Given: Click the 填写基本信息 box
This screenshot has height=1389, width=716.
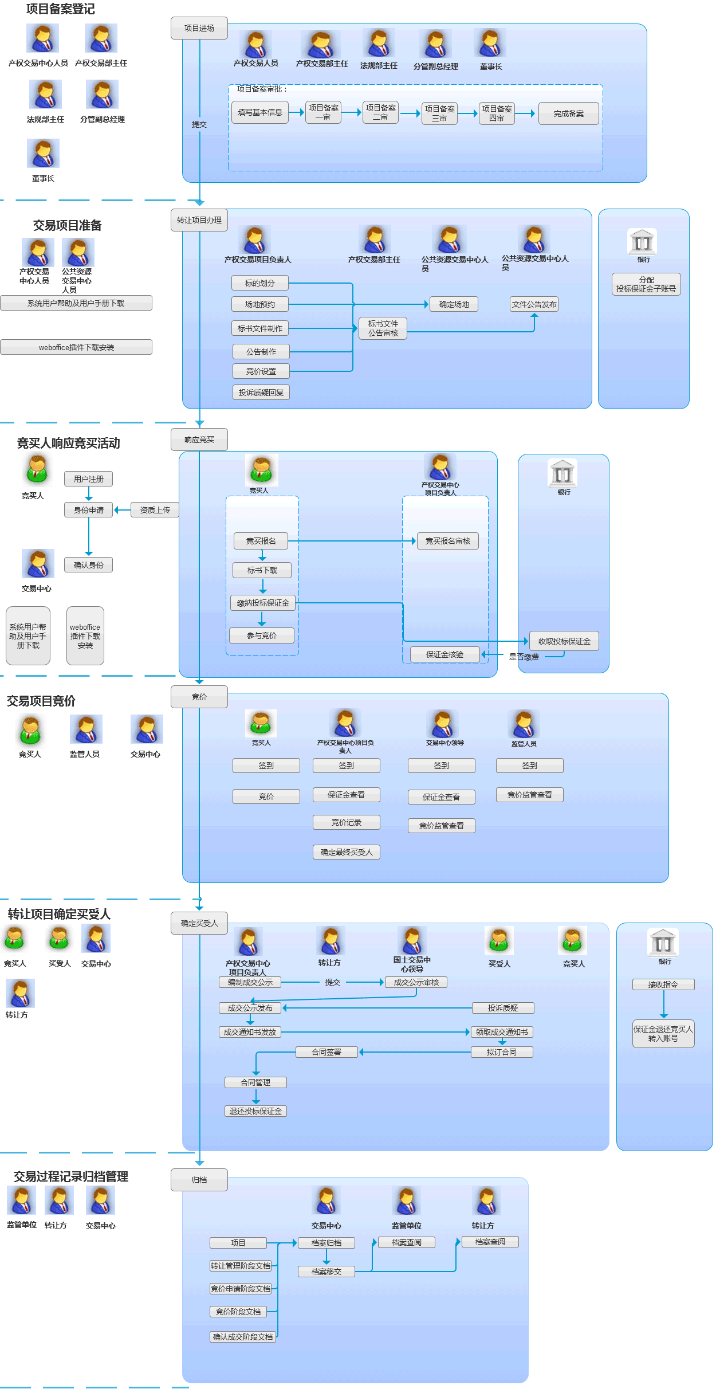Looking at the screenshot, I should (x=260, y=112).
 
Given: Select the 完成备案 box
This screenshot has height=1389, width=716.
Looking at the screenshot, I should (x=568, y=113).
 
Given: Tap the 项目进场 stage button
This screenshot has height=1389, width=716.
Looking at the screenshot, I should (x=199, y=28).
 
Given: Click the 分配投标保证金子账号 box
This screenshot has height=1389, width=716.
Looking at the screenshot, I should (x=646, y=284).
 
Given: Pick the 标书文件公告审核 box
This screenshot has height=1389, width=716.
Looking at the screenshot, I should (x=383, y=328).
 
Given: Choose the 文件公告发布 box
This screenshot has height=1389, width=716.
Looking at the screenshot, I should (x=534, y=304).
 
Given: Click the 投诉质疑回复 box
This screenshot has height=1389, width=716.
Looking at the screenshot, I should (x=261, y=393).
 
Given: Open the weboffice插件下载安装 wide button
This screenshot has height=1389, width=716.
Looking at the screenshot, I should (x=76, y=347).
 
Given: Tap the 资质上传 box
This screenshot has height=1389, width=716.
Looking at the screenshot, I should (x=155, y=510).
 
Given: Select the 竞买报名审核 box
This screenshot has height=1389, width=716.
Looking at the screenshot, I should (x=447, y=541).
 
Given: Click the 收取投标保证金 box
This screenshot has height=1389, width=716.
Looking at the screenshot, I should (x=564, y=641).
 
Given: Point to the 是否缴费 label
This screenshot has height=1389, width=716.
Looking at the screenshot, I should (x=524, y=657).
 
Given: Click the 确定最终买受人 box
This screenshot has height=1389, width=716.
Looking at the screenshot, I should (x=346, y=852).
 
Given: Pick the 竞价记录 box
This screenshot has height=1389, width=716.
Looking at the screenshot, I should (x=346, y=822).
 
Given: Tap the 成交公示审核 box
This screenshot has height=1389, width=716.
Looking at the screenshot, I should (x=416, y=982).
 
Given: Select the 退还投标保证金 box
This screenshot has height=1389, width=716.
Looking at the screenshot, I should (x=255, y=1111).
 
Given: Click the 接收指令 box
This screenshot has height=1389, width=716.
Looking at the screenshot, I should (x=663, y=984).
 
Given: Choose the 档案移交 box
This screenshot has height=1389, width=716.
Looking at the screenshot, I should (x=326, y=1272).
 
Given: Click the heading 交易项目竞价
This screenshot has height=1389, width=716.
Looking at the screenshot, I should (x=41, y=701).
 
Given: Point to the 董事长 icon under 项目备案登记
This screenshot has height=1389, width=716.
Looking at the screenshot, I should (x=43, y=153).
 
